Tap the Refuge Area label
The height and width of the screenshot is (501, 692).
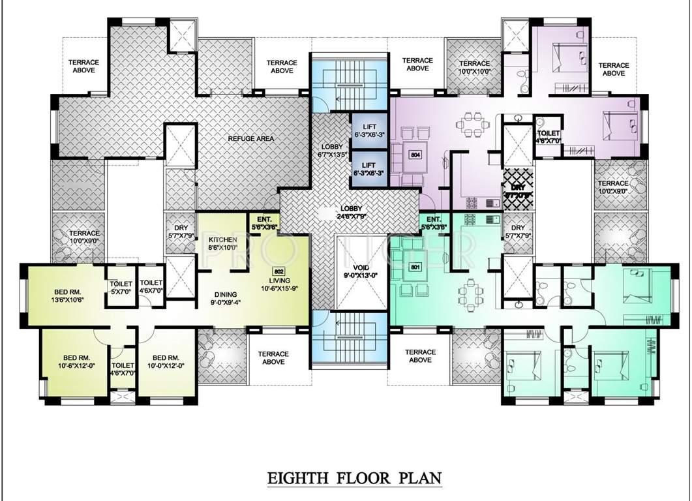click(250, 138)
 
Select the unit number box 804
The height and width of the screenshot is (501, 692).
click(414, 155)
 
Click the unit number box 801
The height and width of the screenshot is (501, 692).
click(414, 267)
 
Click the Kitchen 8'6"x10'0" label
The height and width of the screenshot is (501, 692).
click(223, 244)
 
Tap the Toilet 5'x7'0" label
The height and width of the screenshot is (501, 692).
click(121, 288)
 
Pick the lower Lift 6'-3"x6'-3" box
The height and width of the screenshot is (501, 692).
click(369, 169)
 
